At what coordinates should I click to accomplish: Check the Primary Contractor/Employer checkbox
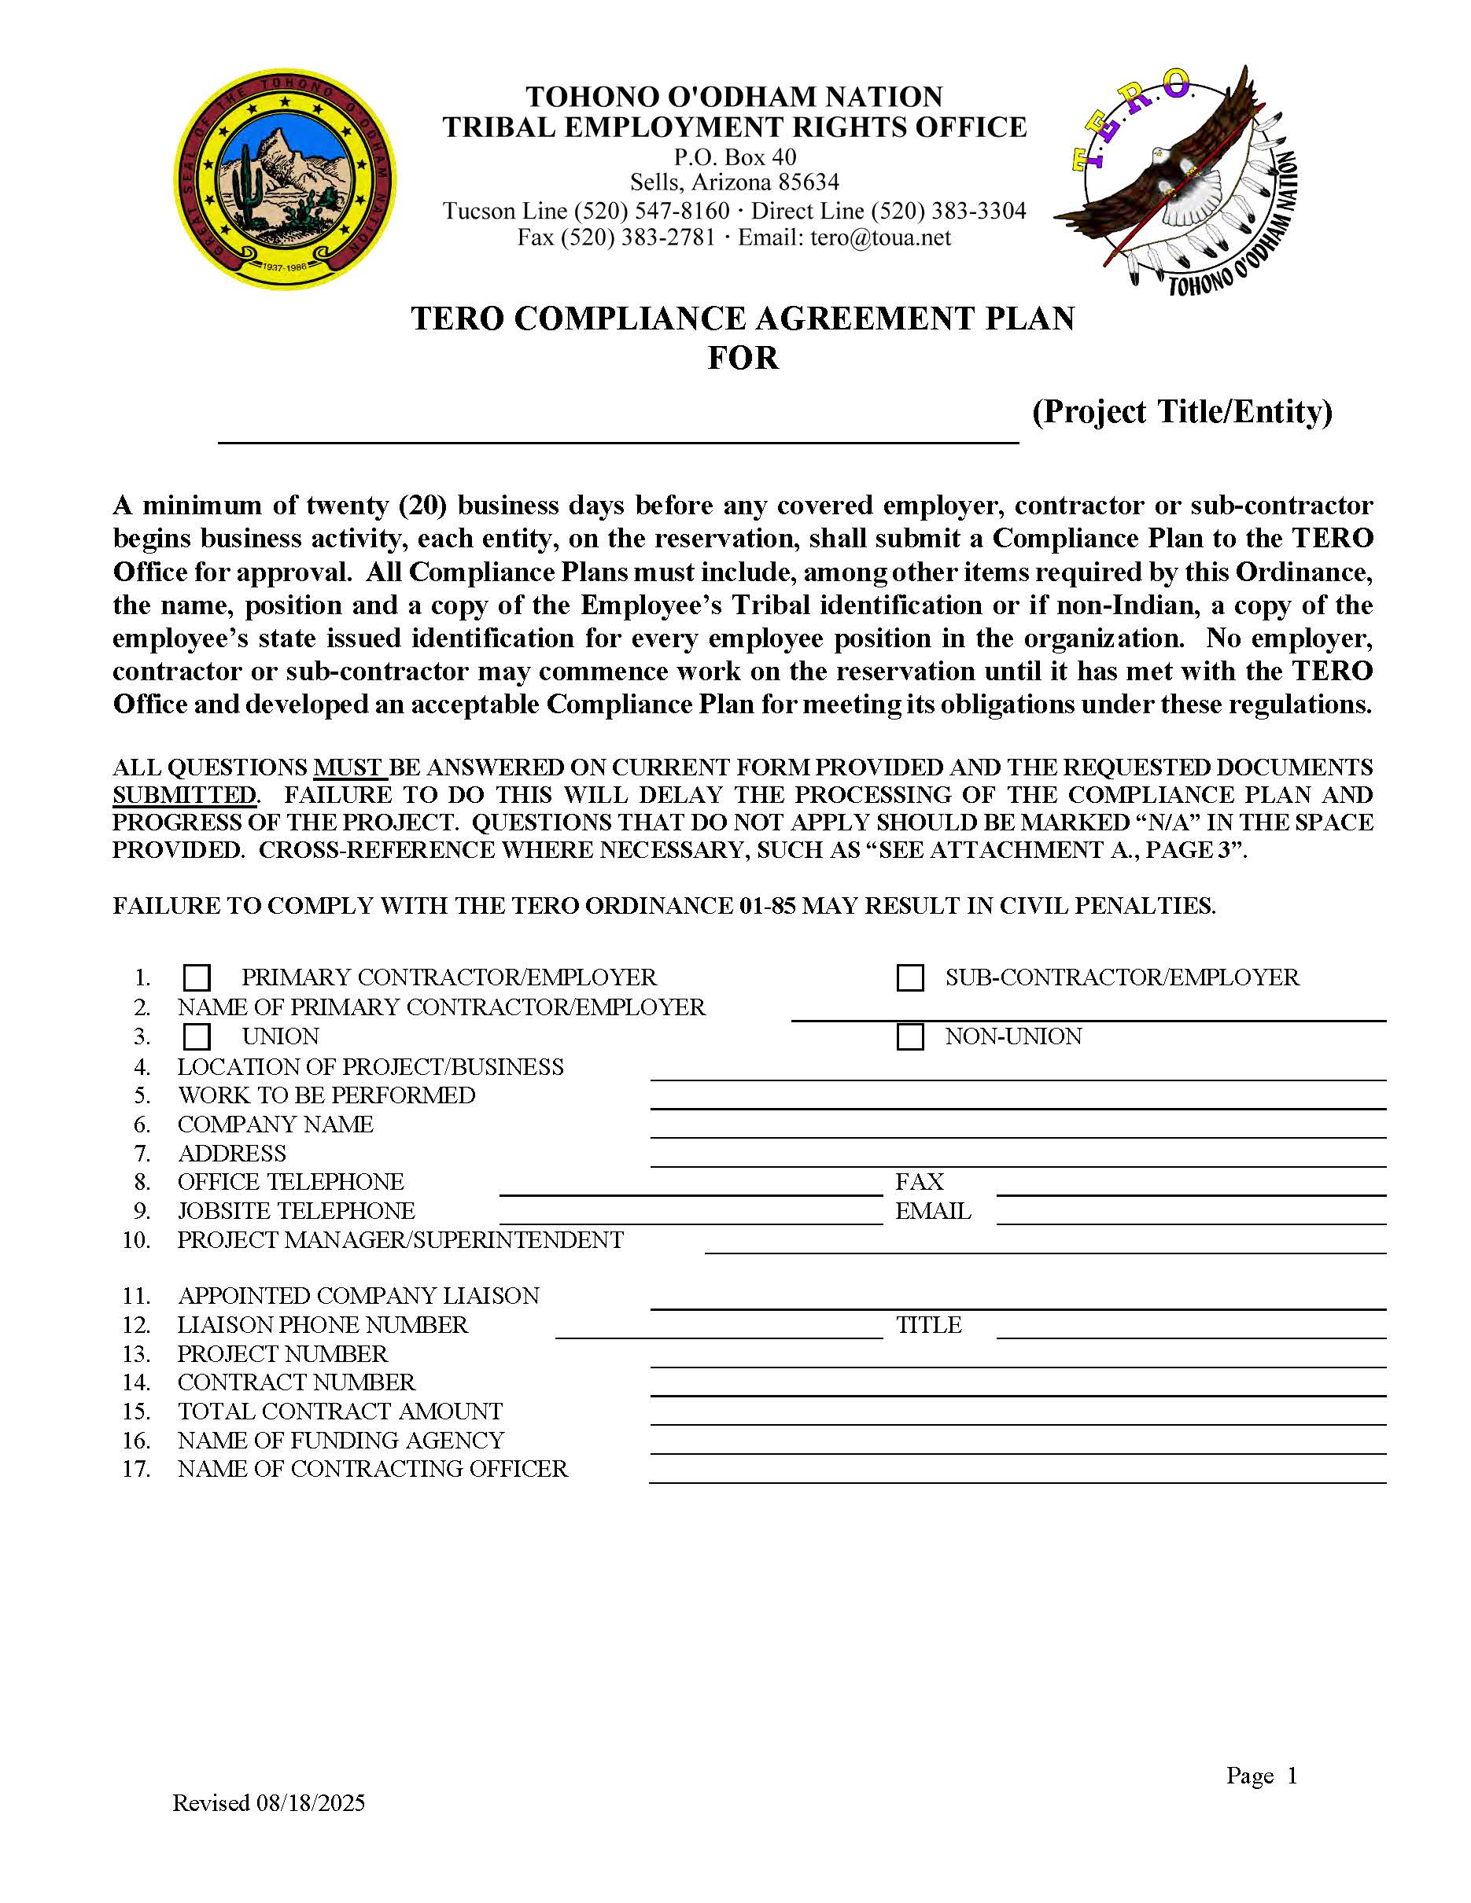197,977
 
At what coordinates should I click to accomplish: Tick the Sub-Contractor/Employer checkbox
910,977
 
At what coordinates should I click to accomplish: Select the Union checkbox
197,1037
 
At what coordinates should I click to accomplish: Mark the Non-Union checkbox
910,1037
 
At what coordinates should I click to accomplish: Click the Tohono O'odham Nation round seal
284,180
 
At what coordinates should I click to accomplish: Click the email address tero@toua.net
880,237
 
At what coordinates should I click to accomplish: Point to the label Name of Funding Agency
341,1441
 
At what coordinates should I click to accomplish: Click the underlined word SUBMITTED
184,796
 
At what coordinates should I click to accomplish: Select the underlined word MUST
348,767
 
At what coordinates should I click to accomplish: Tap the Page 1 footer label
1261,1775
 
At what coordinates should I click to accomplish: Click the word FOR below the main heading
743,358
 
